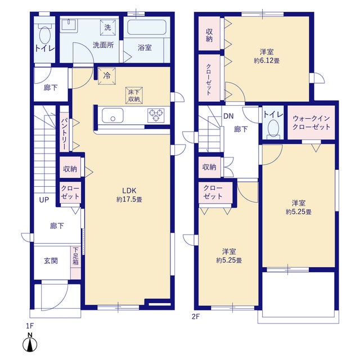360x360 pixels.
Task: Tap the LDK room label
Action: click(x=129, y=190)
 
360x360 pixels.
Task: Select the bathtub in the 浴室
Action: click(x=147, y=28)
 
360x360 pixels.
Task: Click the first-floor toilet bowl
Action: click(x=45, y=35)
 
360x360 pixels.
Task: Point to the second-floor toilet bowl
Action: click(x=273, y=127)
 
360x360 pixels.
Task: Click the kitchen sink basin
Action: click(x=112, y=115)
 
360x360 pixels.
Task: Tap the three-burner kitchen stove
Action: click(x=156, y=115)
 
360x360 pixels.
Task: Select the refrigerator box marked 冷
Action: click(x=107, y=76)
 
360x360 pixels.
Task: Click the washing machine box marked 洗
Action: click(x=107, y=28)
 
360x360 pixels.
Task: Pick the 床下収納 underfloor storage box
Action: click(x=134, y=96)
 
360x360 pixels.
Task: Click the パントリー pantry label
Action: click(x=64, y=133)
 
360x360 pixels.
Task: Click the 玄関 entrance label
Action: click(x=51, y=261)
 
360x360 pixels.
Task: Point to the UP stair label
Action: click(x=44, y=200)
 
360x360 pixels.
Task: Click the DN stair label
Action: click(x=228, y=116)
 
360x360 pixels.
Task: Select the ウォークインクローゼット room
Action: click(x=311, y=123)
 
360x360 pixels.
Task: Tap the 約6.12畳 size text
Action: click(x=267, y=61)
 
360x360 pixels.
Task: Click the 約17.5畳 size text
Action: click(x=129, y=199)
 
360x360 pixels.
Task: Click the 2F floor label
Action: click(x=196, y=317)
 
